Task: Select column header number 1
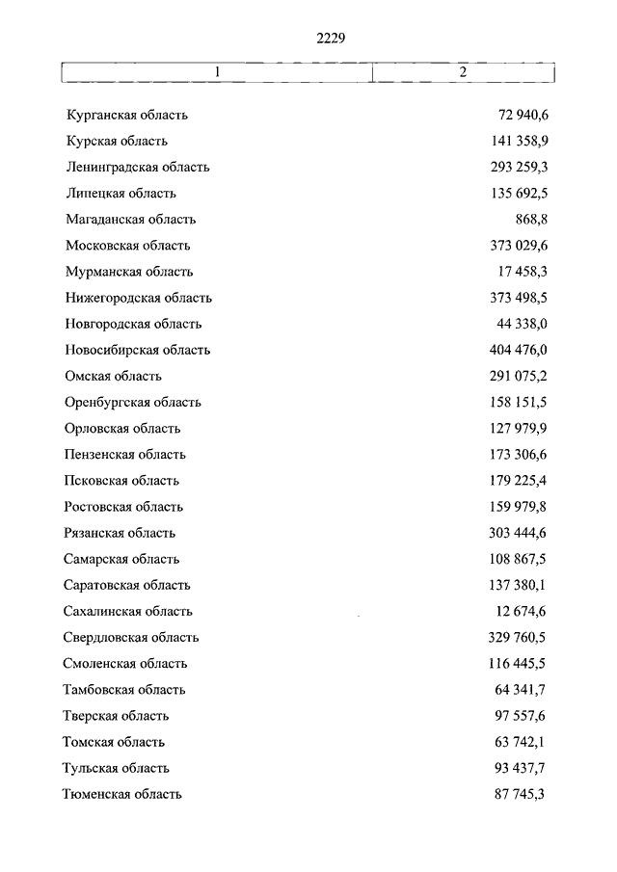217,73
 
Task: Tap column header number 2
463,73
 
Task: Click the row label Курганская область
126,116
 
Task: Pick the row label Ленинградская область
138,168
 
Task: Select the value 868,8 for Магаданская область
531,220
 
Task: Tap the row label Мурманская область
129,272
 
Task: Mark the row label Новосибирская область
138,351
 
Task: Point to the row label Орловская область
122,429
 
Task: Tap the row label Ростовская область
123,507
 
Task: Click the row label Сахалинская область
128,611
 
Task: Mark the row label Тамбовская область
124,690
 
